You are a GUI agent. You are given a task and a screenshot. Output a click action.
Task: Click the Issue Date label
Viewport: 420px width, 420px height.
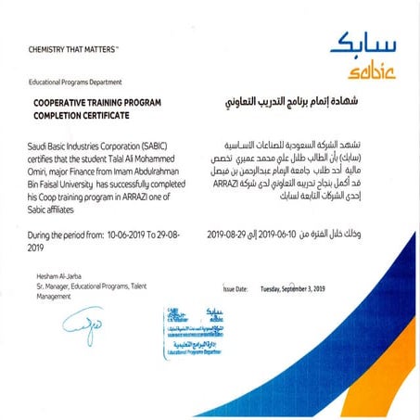(235, 289)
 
